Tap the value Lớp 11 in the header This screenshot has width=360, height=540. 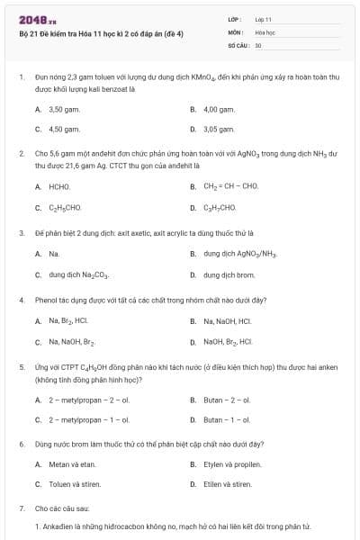click(263, 18)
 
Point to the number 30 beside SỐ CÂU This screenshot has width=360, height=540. click(258, 43)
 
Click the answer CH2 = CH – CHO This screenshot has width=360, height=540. click(230, 186)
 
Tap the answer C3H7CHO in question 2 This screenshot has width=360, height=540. click(220, 207)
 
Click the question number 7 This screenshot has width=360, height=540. click(22, 508)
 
